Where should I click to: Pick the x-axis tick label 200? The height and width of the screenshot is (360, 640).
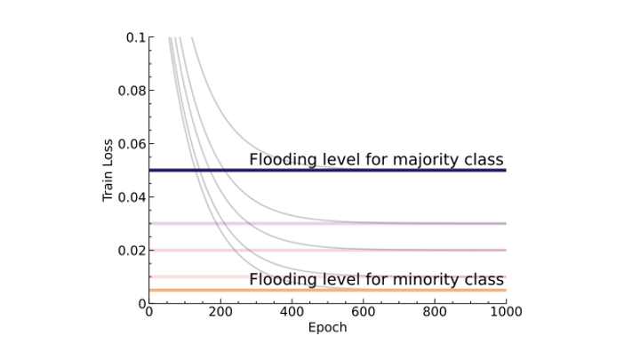coord(220,313)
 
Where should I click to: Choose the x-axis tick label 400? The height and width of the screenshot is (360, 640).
coord(292,313)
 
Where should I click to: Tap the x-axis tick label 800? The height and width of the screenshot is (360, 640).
coord(435,313)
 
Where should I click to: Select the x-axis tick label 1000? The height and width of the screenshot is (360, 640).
coord(506,313)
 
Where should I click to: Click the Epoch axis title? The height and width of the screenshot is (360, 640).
coord(327,328)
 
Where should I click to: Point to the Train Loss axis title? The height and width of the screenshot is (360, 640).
coord(109,171)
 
